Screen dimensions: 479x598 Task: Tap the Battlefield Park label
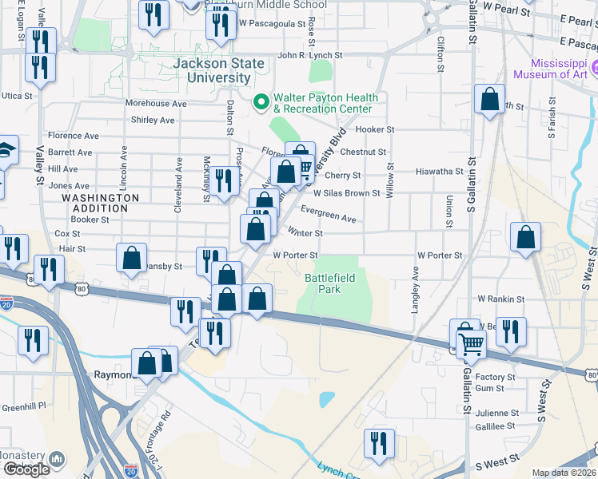click(335, 283)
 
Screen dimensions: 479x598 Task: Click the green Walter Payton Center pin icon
click(260, 101)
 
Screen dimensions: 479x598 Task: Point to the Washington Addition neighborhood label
click(100, 203)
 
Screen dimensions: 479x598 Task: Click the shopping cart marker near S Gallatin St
click(471, 343)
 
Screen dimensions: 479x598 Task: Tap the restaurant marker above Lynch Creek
click(379, 444)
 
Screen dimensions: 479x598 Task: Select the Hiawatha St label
click(441, 172)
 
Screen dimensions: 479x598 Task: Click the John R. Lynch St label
click(309, 56)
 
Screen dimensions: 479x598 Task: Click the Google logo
click(26, 469)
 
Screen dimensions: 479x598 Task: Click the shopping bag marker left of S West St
click(525, 237)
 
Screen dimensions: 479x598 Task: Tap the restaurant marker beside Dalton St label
click(222, 181)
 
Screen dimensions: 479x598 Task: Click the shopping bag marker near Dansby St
click(131, 259)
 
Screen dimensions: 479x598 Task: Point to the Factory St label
click(495, 377)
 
